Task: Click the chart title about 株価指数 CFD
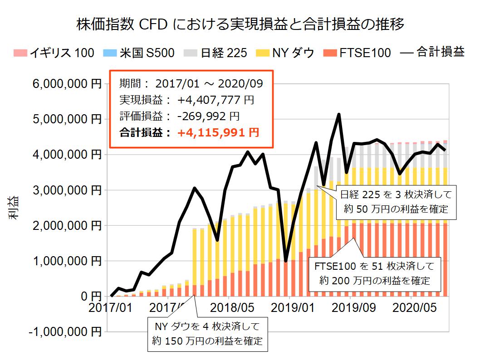[240, 24]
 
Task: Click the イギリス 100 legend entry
[54, 53]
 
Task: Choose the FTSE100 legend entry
[357, 53]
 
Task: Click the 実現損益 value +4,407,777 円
[216, 100]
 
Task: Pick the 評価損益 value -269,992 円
[208, 116]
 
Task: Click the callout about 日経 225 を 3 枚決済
[397, 202]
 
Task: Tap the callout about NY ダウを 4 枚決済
[208, 334]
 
